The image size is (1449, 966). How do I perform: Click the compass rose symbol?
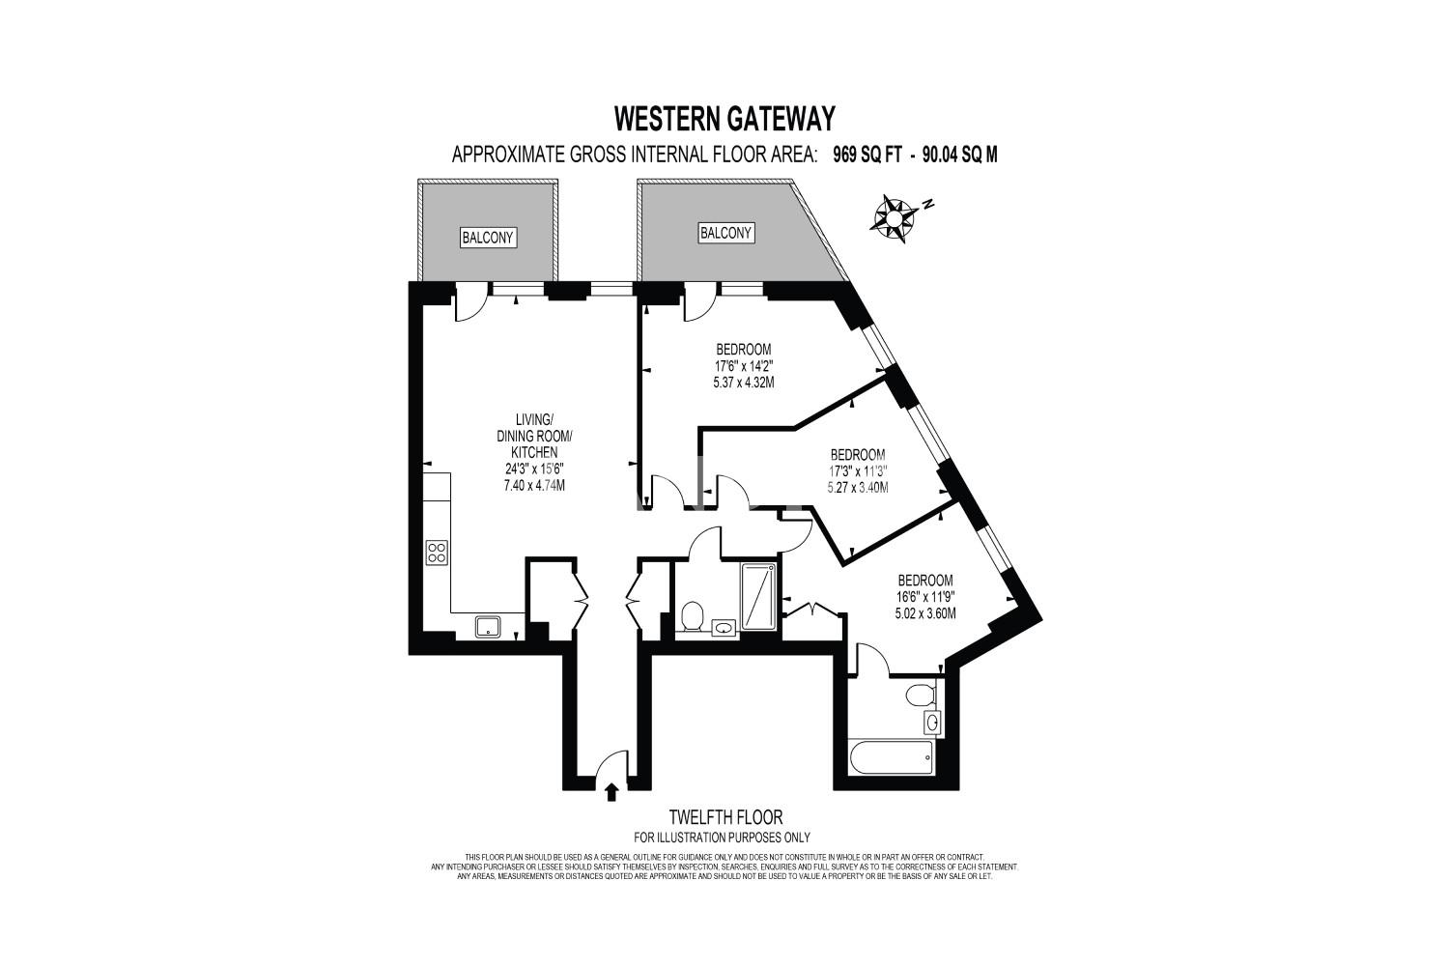[x=894, y=219]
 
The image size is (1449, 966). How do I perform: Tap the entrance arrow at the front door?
[x=611, y=792]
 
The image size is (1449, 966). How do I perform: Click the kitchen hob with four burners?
[x=437, y=553]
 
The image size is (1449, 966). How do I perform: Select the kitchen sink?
[x=487, y=626]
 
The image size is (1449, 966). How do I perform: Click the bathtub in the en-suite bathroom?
[x=892, y=756]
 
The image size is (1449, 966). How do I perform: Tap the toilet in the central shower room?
[x=693, y=615]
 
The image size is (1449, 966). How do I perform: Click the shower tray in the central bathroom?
[x=758, y=597]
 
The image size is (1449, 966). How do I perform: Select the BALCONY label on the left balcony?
[x=488, y=238]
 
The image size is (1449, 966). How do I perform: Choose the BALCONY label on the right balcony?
[x=725, y=233]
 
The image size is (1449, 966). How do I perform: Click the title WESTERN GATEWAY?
[x=724, y=119]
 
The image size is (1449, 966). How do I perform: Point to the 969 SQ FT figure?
[x=867, y=156]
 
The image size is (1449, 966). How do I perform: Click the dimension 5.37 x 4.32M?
[x=743, y=383]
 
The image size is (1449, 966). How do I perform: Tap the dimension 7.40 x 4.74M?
[x=534, y=485]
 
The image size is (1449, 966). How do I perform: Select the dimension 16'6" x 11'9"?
[x=925, y=597]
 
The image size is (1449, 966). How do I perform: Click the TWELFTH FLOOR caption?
[x=725, y=816]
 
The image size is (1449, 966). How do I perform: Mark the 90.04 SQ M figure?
[x=959, y=156]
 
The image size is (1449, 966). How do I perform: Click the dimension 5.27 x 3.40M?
[x=857, y=487]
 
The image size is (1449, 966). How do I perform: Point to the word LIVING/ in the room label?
[x=534, y=418]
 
